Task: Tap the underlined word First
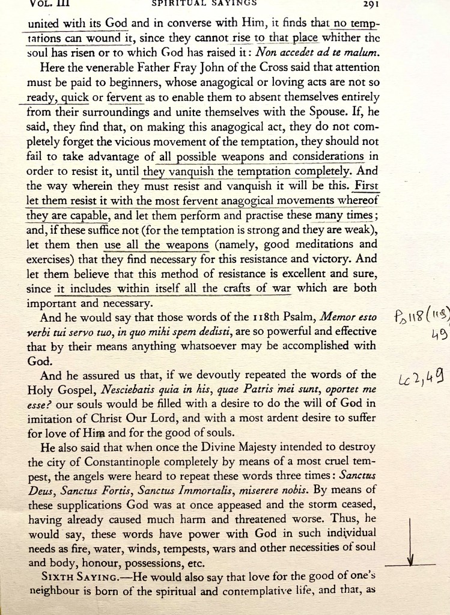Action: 366,187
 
